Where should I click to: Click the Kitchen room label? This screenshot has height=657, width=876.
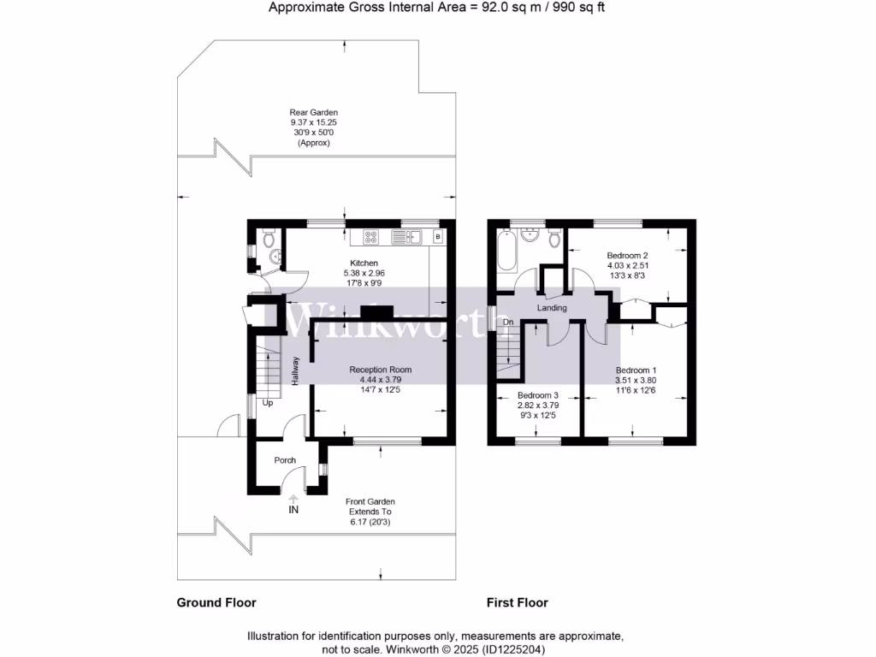click(x=364, y=263)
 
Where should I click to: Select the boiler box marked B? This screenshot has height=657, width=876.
click(x=438, y=236)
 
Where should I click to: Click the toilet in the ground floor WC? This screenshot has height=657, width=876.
click(x=267, y=236)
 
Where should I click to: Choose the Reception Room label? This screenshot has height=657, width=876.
click(x=381, y=370)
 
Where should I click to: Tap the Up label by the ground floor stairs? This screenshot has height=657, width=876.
click(x=267, y=403)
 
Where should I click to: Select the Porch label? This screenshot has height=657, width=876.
click(x=285, y=460)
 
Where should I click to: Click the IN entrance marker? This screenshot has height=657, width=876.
click(x=293, y=510)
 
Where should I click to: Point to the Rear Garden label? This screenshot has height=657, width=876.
click(x=314, y=112)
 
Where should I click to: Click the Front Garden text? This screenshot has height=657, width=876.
click(x=370, y=502)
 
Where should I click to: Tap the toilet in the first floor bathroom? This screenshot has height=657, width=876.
click(x=554, y=236)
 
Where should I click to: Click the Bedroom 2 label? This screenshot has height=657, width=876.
click(x=627, y=255)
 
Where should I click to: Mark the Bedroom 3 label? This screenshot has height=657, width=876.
click(x=538, y=395)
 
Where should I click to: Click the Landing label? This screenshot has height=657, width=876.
click(x=552, y=307)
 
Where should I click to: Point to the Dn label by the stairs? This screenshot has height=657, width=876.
click(x=507, y=322)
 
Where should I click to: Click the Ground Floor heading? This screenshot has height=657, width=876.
click(x=216, y=602)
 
